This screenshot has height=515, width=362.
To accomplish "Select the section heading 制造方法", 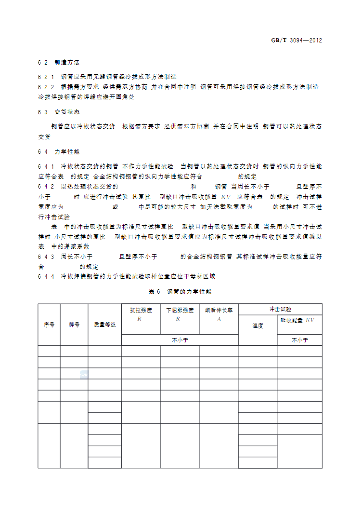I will coord(67,63).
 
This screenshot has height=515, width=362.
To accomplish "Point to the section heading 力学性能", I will coord(67,151).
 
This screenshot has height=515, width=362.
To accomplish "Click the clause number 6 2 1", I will coord(46,77).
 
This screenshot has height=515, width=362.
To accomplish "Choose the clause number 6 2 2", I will coord(46,87).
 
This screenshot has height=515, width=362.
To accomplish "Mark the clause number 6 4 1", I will coord(46,166).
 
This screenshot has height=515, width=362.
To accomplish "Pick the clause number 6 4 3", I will coord(46,257).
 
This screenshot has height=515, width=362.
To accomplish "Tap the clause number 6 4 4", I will coord(46,277).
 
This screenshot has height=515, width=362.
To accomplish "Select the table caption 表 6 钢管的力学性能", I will coord(181,292).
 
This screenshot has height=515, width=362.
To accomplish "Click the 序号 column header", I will coord(49,325).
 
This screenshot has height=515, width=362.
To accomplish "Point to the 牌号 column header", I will coord(74,325).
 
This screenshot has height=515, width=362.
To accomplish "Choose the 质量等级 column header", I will coord(104,325).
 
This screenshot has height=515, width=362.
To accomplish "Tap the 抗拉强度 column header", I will coord(141,311).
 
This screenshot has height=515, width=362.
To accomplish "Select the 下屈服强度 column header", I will coord(180,311).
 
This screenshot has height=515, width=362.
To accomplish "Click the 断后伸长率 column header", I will coord(219,311).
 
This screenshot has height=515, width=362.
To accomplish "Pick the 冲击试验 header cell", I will coord(280,309).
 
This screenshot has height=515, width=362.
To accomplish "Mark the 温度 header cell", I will coord(258,326).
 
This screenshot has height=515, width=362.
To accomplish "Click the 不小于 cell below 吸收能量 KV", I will coord(299,340).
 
